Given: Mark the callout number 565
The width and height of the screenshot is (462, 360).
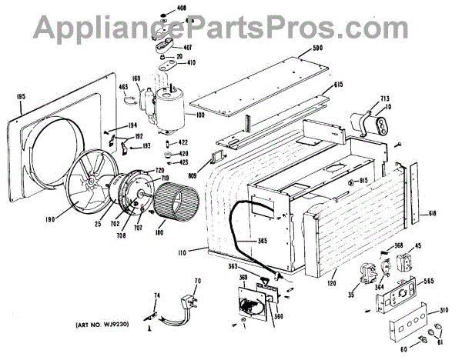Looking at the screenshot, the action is pyautogui.click(x=430, y=282).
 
